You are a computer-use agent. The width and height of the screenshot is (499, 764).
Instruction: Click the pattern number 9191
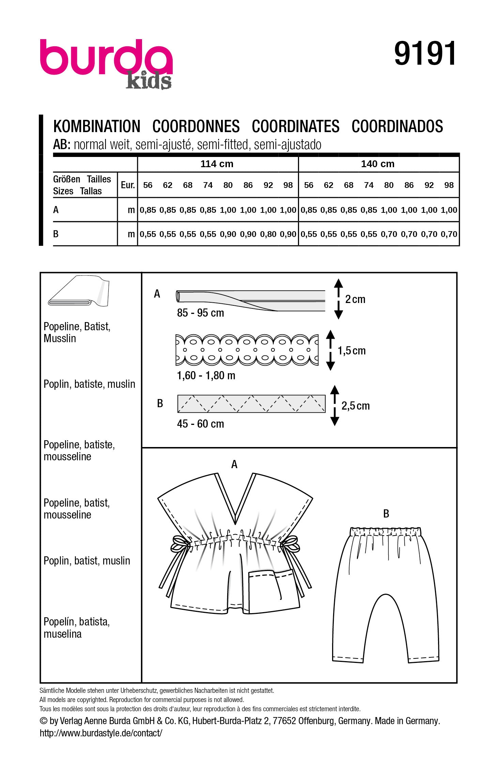pyautogui.click(x=425, y=53)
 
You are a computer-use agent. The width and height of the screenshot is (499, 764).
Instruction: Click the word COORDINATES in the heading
pyautogui.click(x=295, y=127)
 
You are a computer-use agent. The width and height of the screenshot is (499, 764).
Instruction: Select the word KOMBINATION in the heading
pyautogui.click(x=97, y=127)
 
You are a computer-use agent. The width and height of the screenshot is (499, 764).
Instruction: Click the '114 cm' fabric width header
pyautogui.click(x=217, y=164)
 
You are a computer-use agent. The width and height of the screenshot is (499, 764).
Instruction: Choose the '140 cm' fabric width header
pyautogui.click(x=378, y=164)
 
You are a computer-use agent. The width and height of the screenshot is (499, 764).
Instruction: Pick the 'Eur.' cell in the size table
pyautogui.click(x=128, y=185)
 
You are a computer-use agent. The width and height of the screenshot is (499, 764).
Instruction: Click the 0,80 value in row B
pyautogui.click(x=268, y=234)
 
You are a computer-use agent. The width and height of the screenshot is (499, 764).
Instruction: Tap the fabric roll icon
pyautogui.click(x=79, y=292)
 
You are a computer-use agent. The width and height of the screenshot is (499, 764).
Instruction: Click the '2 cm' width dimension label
pyautogui.click(x=355, y=299)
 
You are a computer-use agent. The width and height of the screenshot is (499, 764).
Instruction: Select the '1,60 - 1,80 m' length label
pyautogui.click(x=206, y=376)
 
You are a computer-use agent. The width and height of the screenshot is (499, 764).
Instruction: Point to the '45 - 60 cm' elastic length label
pyautogui.click(x=200, y=424)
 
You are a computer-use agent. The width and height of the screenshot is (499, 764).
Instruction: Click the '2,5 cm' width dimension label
pyautogui.click(x=355, y=406)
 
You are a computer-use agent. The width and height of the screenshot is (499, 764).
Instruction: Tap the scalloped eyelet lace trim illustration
pyautogui.click(x=247, y=350)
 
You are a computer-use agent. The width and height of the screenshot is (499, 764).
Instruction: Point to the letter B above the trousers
pyautogui.click(x=386, y=514)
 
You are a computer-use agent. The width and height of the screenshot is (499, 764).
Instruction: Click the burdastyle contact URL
pyautogui.click(x=101, y=733)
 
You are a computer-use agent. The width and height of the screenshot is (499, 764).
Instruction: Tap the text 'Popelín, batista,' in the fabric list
pyautogui.click(x=77, y=622)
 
